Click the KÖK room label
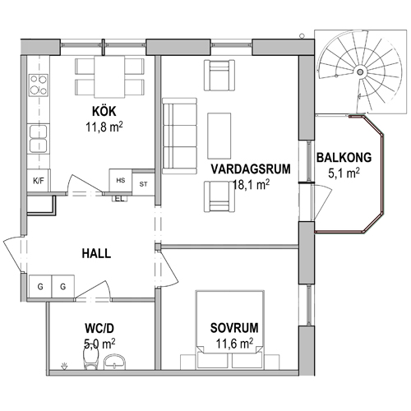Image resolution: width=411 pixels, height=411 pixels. pyautogui.click(x=104, y=112)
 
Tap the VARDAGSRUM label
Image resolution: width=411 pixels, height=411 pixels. pyautogui.click(x=251, y=169)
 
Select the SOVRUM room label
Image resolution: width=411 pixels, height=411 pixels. pyautogui.click(x=234, y=328)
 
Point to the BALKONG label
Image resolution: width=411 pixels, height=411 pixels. pyautogui.click(x=344, y=158)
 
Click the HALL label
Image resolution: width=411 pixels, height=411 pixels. pyautogui.click(x=96, y=254)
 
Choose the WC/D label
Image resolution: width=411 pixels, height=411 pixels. pyautogui.click(x=99, y=328)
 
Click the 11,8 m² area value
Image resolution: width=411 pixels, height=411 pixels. pyautogui.click(x=104, y=127)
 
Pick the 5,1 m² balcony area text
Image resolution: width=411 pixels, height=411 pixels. pyautogui.click(x=344, y=173)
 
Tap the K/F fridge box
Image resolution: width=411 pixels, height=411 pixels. pyautogui.click(x=39, y=181)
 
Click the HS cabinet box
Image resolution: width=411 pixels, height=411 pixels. pyautogui.click(x=121, y=180)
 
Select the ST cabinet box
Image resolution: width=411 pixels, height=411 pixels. pyautogui.click(x=143, y=184)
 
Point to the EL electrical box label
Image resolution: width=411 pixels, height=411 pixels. pyautogui.click(x=120, y=199)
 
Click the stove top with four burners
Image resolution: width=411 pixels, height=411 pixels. pyautogui.click(x=39, y=85)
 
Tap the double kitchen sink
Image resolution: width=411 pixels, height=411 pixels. pyautogui.click(x=39, y=139)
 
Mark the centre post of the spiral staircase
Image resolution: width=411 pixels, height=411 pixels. pyautogui.click(x=360, y=72)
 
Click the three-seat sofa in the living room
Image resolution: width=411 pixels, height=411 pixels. pyautogui.click(x=180, y=136)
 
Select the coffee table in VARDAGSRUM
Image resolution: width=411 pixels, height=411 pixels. pyautogui.click(x=219, y=136)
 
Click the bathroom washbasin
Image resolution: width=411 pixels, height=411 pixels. pyautogui.click(x=114, y=361)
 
